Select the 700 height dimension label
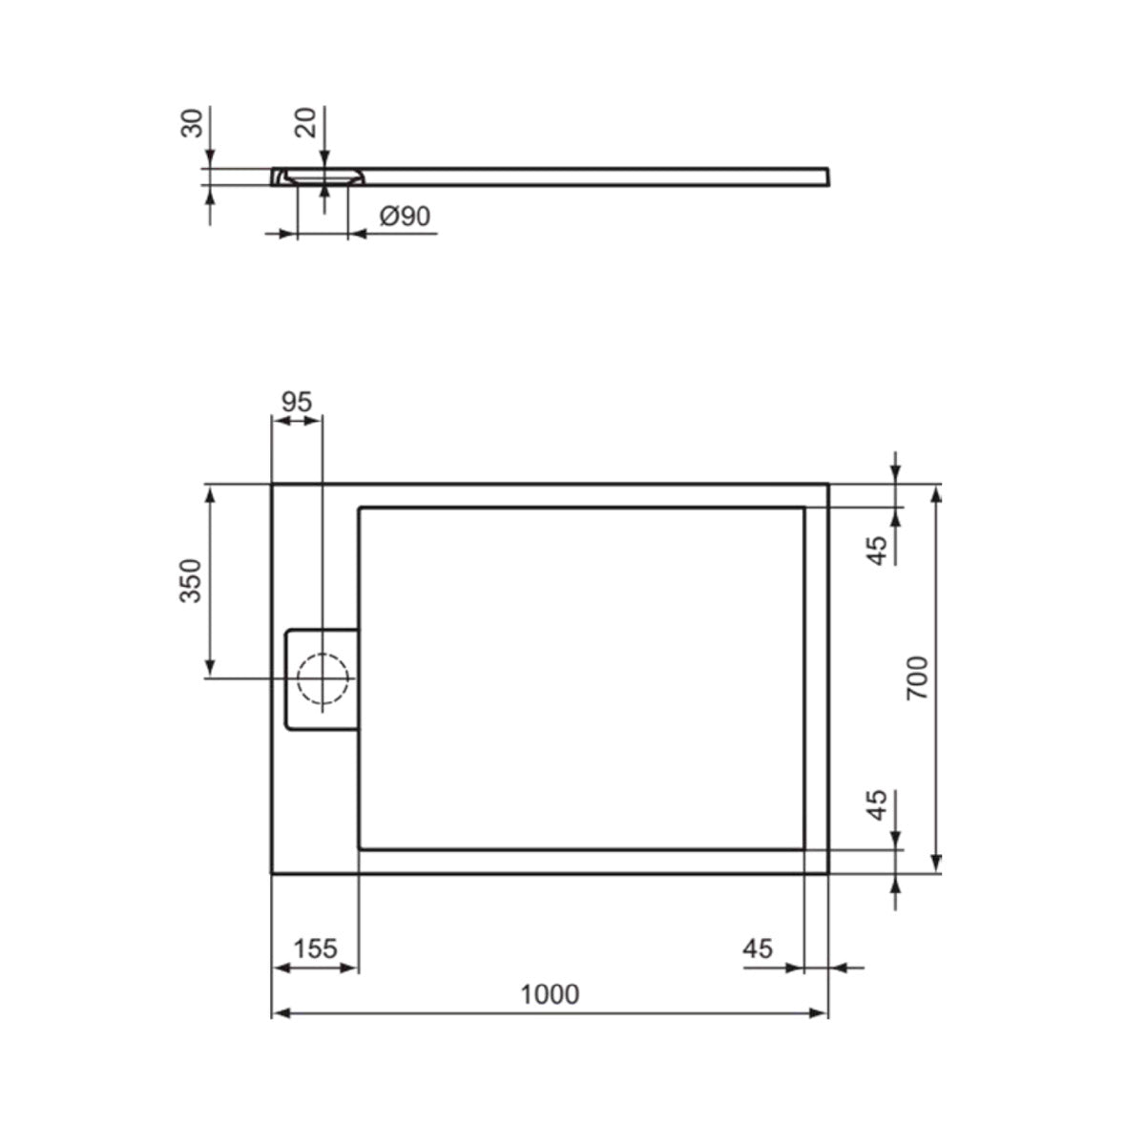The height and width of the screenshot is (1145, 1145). click(x=917, y=678)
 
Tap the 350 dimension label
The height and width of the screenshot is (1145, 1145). click(x=191, y=580)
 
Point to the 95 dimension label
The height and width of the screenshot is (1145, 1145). click(x=297, y=403)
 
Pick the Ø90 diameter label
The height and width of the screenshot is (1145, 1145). click(x=406, y=217)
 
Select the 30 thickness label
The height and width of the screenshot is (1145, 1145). click(x=192, y=123)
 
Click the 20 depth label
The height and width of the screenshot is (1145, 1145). click(x=306, y=123)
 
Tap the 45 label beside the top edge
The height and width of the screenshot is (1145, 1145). click(x=878, y=550)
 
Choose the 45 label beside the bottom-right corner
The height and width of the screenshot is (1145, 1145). click(x=878, y=805)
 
